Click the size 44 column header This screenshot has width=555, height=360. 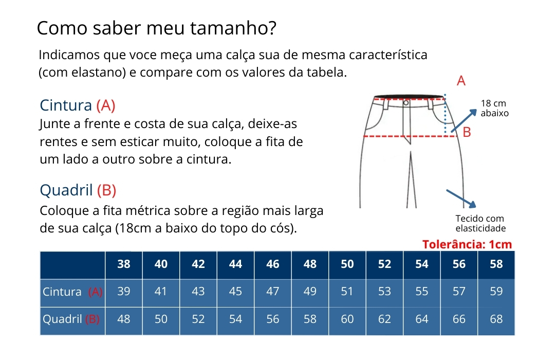[x=235, y=265]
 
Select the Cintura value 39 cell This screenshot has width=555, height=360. [x=124, y=292]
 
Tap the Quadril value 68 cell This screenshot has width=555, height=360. [x=496, y=320]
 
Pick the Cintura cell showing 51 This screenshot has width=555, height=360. [x=347, y=292]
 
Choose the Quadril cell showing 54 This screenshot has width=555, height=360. [x=235, y=320]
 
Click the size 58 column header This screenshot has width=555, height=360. [x=496, y=265]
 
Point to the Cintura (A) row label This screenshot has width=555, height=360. [x=72, y=292]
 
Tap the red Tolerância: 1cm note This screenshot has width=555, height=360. [x=467, y=244]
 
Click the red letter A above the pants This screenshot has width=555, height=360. [x=461, y=81]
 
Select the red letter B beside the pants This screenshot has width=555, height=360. [x=467, y=132]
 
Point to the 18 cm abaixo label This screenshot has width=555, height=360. [x=494, y=108]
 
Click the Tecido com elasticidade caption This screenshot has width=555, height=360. [x=480, y=223]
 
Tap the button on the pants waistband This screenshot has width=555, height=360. [x=406, y=103]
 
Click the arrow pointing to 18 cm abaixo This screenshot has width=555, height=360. [x=464, y=120]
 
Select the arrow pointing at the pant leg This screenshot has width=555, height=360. [x=461, y=199]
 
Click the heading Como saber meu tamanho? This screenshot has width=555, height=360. [x=156, y=28]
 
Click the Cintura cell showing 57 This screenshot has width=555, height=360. [x=459, y=292]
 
